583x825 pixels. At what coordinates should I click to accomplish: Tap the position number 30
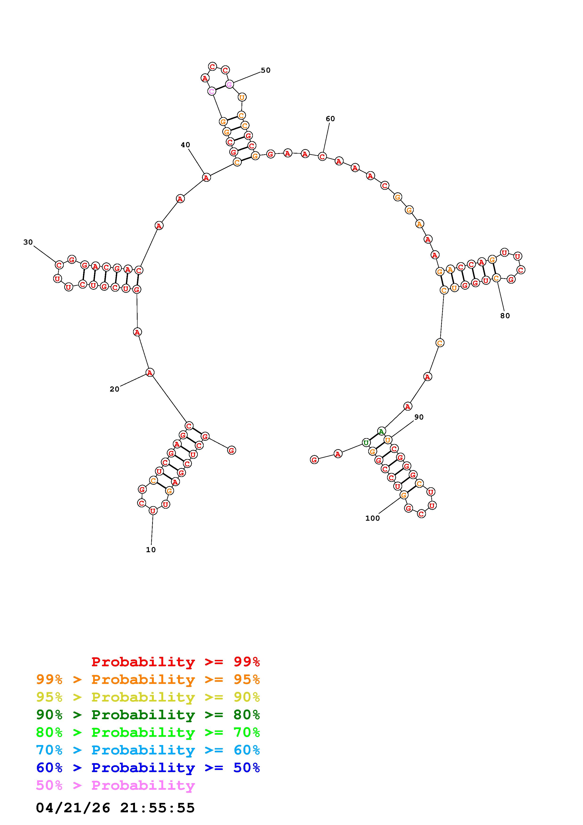[28, 242]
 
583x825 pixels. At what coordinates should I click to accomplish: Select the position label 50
[266, 70]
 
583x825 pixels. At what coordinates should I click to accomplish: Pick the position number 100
[373, 518]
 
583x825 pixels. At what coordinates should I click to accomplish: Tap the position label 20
[115, 389]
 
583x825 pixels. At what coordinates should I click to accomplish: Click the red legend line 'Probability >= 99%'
[176, 662]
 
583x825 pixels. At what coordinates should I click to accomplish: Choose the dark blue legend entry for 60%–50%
[148, 768]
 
